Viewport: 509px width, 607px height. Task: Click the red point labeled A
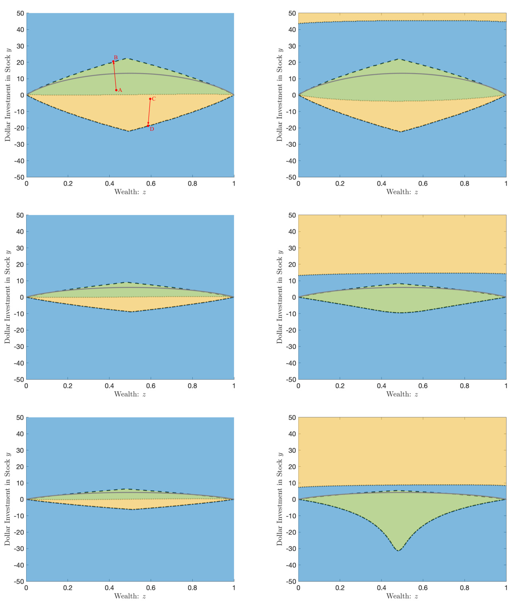(x=116, y=90)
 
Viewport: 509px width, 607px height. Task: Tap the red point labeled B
(x=113, y=61)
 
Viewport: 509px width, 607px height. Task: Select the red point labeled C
(x=150, y=99)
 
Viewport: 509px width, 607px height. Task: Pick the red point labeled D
(x=148, y=126)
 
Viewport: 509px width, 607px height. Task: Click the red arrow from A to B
(x=115, y=76)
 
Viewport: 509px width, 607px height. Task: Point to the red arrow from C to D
(x=149, y=112)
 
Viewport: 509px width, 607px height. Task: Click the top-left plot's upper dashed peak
(x=127, y=58)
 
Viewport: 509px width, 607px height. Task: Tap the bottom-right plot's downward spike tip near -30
(x=398, y=551)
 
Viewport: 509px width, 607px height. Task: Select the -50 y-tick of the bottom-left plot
(x=19, y=581)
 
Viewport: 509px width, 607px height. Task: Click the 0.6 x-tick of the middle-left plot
(x=151, y=386)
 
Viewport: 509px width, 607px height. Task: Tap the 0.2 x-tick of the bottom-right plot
(x=340, y=588)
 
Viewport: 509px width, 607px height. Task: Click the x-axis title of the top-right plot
(x=402, y=192)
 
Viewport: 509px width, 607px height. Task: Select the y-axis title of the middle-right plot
(x=280, y=297)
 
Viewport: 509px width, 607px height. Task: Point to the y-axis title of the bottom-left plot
(x=8, y=499)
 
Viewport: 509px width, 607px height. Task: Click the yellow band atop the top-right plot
(x=402, y=17)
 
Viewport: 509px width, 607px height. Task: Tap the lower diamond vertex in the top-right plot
(x=401, y=132)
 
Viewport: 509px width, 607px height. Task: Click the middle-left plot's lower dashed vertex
(x=132, y=312)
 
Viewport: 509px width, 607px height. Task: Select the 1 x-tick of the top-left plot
(x=234, y=184)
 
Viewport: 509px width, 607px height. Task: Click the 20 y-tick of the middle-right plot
(x=292, y=264)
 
